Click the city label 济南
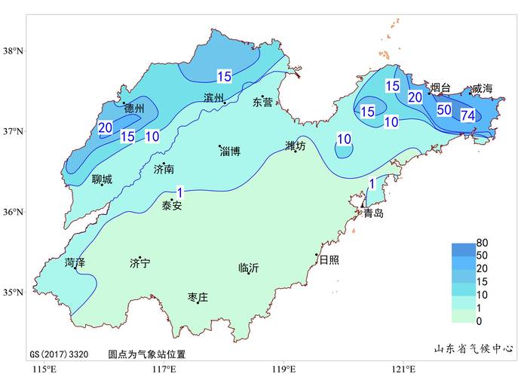164,170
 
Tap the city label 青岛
373,213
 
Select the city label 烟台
440,88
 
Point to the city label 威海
482,89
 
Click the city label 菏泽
75,263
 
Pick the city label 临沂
248,268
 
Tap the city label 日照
329,260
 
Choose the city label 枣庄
198,298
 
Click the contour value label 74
467,115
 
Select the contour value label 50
444,109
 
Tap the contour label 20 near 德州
106,127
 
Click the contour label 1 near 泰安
179,192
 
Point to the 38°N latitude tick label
13,51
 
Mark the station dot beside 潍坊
296,152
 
